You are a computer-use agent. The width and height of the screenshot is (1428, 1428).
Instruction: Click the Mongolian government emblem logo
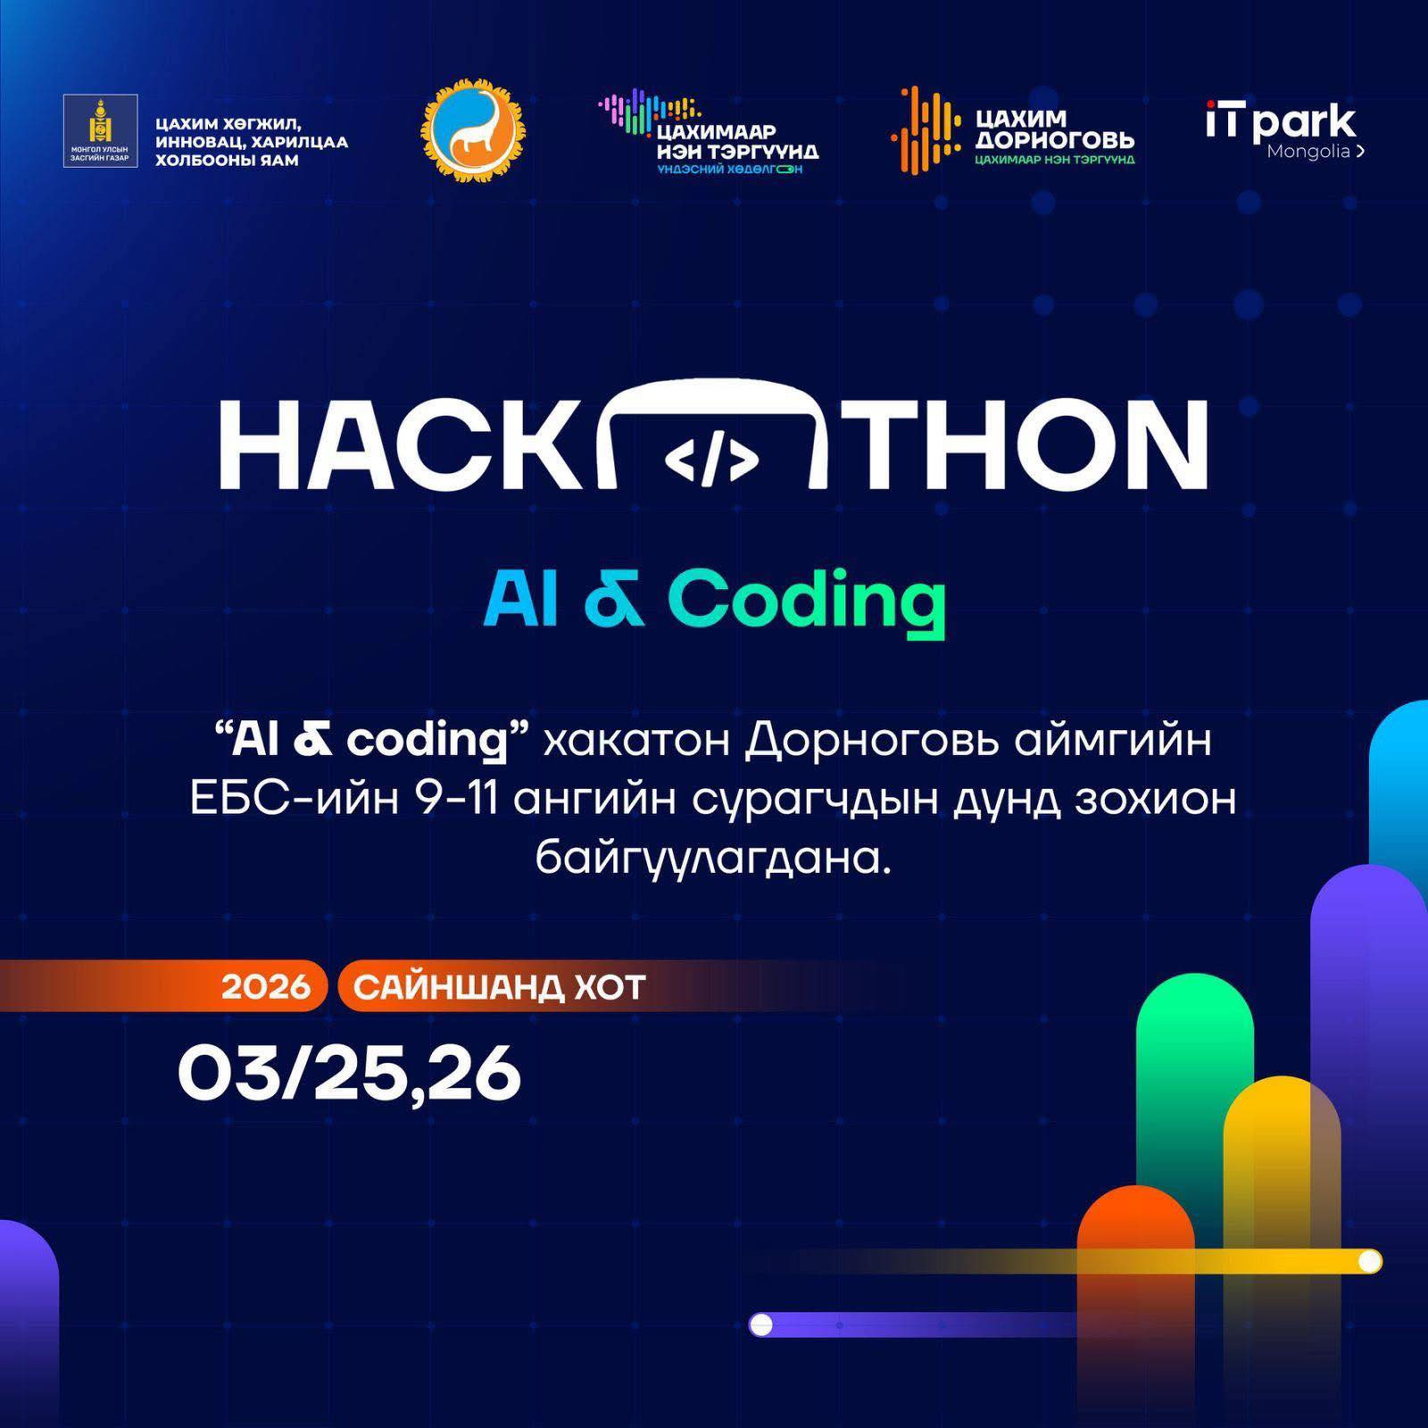click(x=100, y=131)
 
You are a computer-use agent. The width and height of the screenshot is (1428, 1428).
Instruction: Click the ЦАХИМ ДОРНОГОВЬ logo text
click(x=1054, y=129)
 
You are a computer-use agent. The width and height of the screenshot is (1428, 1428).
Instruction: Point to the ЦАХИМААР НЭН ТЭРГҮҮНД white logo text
click(x=737, y=142)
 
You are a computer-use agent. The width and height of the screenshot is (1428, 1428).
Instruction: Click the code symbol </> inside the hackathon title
click(x=712, y=461)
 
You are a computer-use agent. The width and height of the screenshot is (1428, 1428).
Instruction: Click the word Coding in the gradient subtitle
click(x=806, y=600)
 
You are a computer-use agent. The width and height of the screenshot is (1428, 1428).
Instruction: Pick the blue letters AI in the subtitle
click(x=521, y=597)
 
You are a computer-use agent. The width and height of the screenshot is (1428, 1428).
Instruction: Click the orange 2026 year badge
click(x=266, y=987)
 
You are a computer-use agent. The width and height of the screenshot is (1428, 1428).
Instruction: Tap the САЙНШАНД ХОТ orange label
click(x=499, y=987)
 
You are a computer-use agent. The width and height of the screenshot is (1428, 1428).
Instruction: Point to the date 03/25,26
click(x=349, y=1074)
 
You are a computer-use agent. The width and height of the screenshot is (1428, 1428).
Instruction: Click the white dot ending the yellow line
click(x=1369, y=1261)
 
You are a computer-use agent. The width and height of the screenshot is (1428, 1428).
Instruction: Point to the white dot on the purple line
click(x=761, y=1324)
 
